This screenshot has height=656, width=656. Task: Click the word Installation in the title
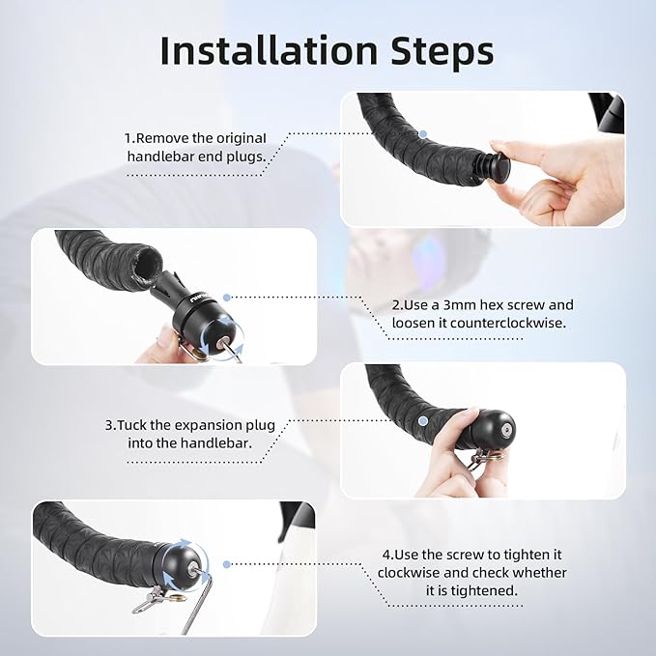point(269,50)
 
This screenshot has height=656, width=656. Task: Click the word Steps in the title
point(442,50)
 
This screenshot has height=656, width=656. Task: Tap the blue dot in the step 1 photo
point(423,134)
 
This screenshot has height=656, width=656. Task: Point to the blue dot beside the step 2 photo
point(227,298)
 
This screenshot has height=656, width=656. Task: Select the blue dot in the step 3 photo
point(423,420)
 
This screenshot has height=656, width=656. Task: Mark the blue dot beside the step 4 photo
point(227,564)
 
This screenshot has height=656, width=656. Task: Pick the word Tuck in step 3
point(131,425)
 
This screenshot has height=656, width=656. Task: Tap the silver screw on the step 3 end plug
point(506,429)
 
